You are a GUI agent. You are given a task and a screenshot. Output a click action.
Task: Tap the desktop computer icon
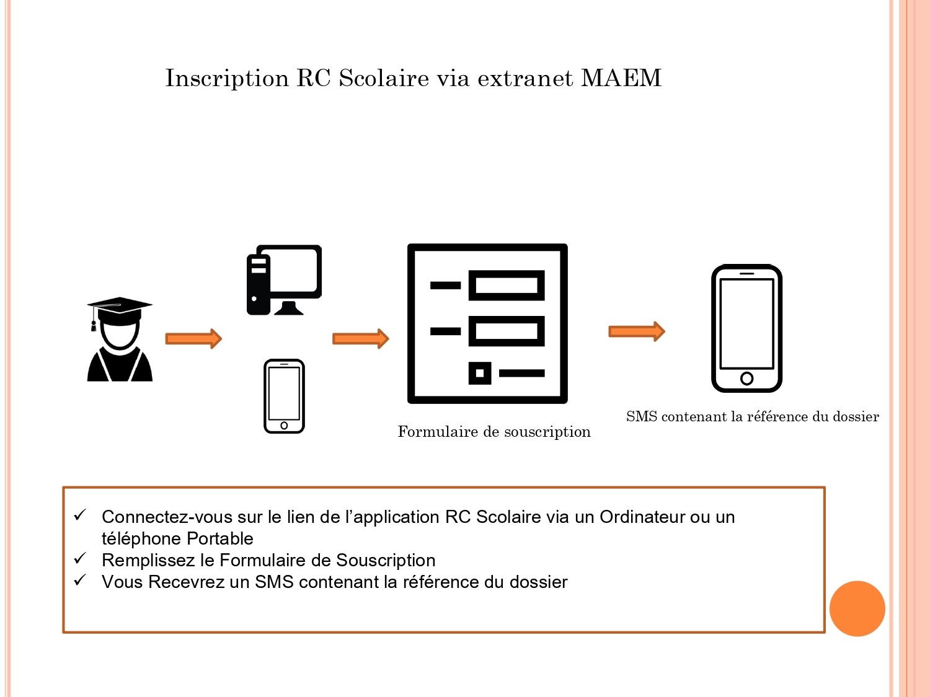pyautogui.click(x=284, y=279)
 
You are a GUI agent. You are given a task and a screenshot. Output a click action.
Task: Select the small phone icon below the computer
pyautogui.click(x=284, y=396)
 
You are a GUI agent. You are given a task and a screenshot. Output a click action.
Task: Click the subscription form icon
pyautogui.click(x=487, y=323)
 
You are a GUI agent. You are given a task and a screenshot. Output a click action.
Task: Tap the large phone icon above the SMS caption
pyautogui.click(x=746, y=328)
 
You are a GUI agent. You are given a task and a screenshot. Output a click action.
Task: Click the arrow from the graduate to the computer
pyautogui.click(x=193, y=339)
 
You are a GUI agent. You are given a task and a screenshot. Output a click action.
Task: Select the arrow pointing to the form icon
pyautogui.click(x=360, y=339)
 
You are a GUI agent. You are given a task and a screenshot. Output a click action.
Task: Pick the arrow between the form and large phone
pyautogui.click(x=636, y=331)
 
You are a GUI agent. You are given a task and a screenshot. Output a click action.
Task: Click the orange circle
pyautogui.click(x=857, y=608)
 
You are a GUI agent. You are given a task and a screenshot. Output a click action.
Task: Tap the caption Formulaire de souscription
pyautogui.click(x=494, y=432)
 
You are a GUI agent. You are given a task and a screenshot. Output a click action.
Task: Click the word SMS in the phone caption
pyautogui.click(x=641, y=417)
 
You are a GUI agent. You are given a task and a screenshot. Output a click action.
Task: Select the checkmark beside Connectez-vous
pyautogui.click(x=80, y=515)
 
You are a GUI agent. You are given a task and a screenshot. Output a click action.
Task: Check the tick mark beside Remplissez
pyautogui.click(x=80, y=558)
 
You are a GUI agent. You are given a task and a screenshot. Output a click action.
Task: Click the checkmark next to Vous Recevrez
pyautogui.click(x=80, y=580)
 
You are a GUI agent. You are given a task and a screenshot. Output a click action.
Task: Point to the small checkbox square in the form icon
pyautogui.click(x=479, y=373)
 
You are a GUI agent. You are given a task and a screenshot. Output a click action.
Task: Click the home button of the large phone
pyautogui.click(x=746, y=378)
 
